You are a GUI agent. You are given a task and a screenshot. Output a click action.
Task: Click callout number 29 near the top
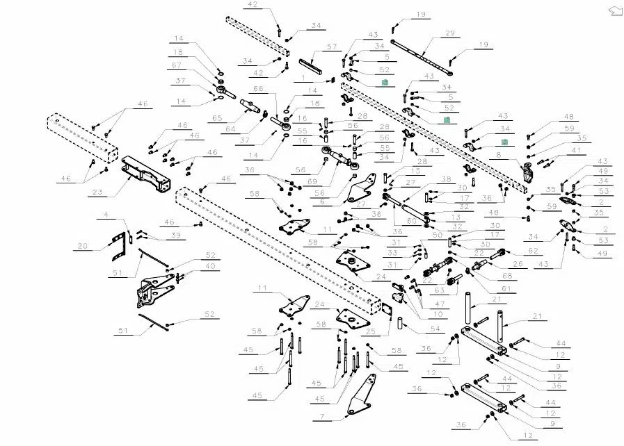pos(449,33)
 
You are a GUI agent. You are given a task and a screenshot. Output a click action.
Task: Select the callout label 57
pos(332,46)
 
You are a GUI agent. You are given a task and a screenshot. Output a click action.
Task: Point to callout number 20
pos(83,245)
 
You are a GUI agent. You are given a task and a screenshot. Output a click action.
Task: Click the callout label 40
pos(210,265)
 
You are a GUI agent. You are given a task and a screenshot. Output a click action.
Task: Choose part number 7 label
pos(322,417)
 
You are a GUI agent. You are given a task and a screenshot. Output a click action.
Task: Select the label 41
pos(575,150)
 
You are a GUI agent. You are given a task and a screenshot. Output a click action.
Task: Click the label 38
pos(446,179)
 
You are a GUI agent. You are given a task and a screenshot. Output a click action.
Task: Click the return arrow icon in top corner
pos(614,10)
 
